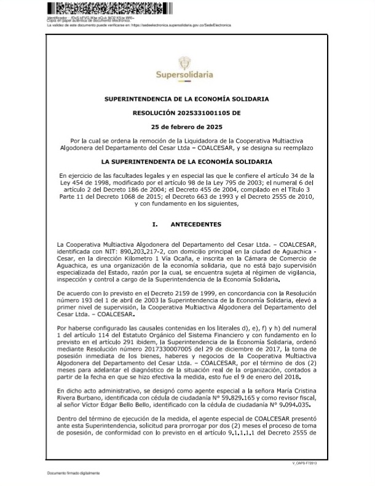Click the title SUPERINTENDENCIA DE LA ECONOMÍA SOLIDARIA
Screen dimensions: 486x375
click(x=186, y=98)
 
